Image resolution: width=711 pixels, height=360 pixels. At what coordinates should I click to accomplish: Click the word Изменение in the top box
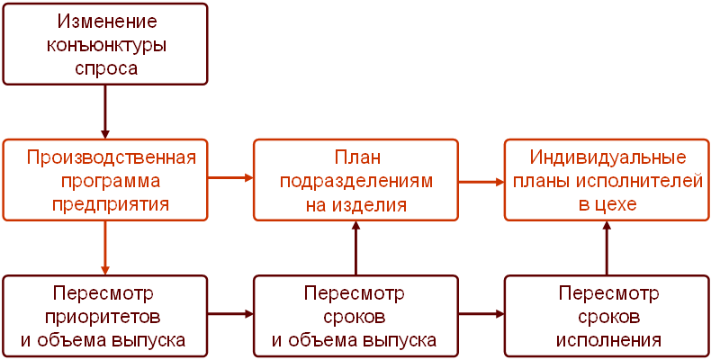coord(105,21)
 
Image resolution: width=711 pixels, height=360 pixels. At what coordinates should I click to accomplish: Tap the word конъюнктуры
coord(105,44)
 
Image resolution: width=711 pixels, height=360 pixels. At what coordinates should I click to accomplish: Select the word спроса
coord(105,67)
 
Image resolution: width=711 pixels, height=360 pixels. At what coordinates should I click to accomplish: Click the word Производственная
coord(112,157)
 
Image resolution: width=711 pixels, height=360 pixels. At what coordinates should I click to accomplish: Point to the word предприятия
coord(112,204)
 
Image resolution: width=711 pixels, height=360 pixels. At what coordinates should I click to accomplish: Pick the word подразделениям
coord(356,181)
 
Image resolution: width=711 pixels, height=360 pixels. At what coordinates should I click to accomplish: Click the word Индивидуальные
coord(607,157)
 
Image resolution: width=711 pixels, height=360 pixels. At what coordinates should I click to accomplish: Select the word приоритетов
coord(106,318)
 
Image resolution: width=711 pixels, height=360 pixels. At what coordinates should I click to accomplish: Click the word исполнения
coord(608,341)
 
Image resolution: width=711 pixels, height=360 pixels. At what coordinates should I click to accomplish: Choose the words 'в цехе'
coord(607,204)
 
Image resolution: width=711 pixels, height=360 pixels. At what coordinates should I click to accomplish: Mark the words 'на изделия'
coord(356,204)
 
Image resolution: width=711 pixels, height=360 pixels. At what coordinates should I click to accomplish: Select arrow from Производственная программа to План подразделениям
coord(230,178)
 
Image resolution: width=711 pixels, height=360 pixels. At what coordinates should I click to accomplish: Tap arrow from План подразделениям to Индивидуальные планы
coord(481,181)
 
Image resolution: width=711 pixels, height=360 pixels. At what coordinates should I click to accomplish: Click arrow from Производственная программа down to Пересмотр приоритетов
coord(105,247)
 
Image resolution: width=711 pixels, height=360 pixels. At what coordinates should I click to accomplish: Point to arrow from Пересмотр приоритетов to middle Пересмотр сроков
coord(230,314)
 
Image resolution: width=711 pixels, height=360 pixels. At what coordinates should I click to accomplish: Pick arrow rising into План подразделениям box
coord(356,247)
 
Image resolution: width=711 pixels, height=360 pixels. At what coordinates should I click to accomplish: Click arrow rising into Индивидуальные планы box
coord(607,247)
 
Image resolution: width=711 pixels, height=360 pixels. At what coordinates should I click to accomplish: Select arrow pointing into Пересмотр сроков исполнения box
coord(481,314)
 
